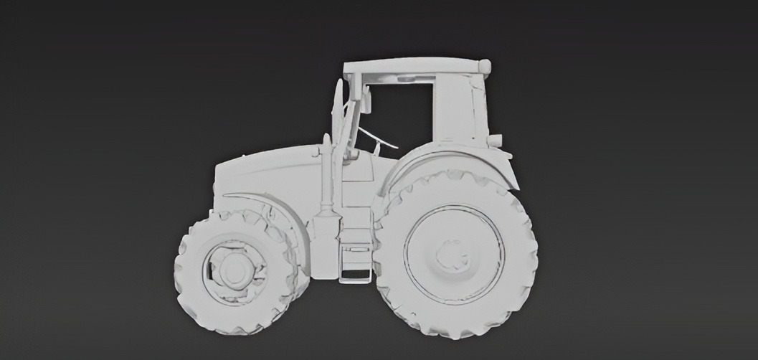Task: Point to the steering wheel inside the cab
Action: click(379, 138)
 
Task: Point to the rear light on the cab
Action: click(495, 140)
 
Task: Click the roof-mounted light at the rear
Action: click(485, 67)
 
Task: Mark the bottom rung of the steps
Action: click(356, 280)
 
